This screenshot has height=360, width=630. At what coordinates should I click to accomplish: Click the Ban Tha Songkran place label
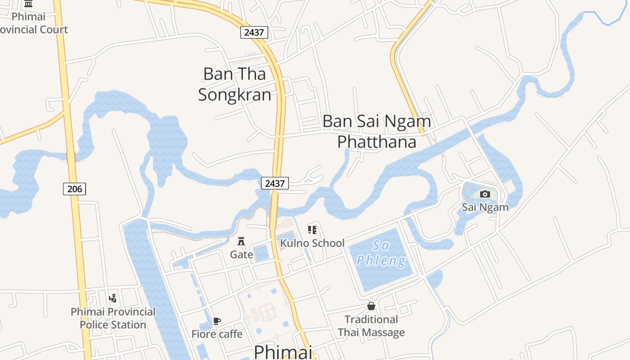(x=234, y=84)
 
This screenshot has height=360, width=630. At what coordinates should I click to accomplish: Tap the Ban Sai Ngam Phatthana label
(x=377, y=131)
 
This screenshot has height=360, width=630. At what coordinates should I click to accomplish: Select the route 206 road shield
(x=74, y=189)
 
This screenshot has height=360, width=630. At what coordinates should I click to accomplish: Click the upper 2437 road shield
(x=254, y=32)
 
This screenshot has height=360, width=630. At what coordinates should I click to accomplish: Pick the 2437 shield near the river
(x=275, y=183)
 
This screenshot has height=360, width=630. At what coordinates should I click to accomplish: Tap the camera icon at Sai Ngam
(x=485, y=194)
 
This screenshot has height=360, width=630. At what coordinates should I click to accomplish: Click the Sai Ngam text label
(x=485, y=207)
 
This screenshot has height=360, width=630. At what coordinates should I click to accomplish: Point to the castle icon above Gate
(x=241, y=241)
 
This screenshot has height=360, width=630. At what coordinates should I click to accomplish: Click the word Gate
(x=242, y=255)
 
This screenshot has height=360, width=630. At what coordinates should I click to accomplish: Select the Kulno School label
(x=312, y=243)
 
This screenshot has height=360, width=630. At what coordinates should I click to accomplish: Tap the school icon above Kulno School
(x=312, y=230)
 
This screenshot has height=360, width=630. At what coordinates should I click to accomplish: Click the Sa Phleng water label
(x=381, y=253)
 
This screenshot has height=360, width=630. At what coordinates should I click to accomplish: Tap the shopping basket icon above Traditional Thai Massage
(x=371, y=306)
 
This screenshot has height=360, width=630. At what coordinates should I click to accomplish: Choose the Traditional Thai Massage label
(x=371, y=326)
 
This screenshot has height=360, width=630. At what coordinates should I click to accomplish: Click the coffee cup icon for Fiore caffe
(x=217, y=321)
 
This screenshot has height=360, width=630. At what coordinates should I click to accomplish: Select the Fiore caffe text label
(x=217, y=334)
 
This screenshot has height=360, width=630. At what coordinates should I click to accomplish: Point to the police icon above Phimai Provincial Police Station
(x=113, y=298)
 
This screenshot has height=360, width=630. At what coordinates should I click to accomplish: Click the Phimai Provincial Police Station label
(x=113, y=318)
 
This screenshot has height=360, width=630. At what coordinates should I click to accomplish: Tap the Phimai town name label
(x=283, y=352)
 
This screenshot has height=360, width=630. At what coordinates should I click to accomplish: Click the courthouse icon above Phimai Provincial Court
(x=28, y=4)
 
